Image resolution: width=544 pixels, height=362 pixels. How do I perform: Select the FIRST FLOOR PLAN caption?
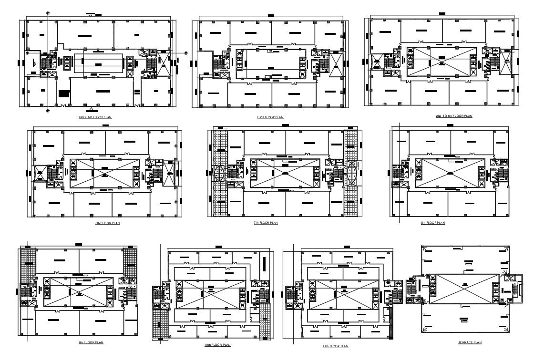coord(270,117)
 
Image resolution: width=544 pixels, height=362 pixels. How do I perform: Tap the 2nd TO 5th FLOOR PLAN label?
coord(453,116)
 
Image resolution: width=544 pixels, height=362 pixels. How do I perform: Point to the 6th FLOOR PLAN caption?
coord(107,223)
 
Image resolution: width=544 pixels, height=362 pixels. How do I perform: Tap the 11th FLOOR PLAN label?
coord(336,346)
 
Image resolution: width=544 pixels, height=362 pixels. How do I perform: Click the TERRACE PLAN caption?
coord(469,342)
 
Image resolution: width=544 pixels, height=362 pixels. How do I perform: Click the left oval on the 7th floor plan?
coord(220,172)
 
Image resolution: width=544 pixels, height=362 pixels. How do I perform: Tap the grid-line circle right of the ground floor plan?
coord(186,53)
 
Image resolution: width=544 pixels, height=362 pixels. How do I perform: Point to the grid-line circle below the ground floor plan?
coord(48,111)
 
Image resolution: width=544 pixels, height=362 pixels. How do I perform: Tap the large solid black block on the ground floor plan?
coord(63,94)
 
